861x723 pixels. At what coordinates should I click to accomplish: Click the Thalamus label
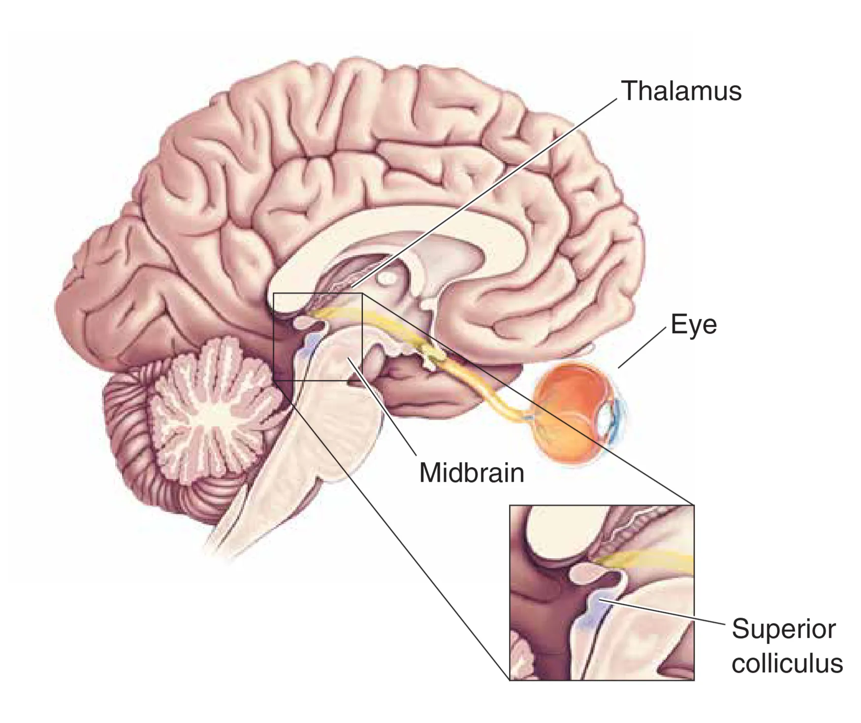pos(681,92)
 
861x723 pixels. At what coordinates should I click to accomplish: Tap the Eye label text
pos(693,325)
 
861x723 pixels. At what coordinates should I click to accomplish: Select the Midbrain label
pos(471,473)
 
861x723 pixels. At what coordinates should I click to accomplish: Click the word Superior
pos(784,629)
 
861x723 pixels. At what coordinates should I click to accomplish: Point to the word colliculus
pos(787,663)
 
